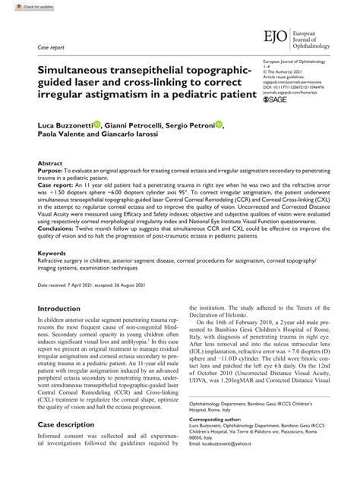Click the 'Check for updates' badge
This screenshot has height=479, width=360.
24,7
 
